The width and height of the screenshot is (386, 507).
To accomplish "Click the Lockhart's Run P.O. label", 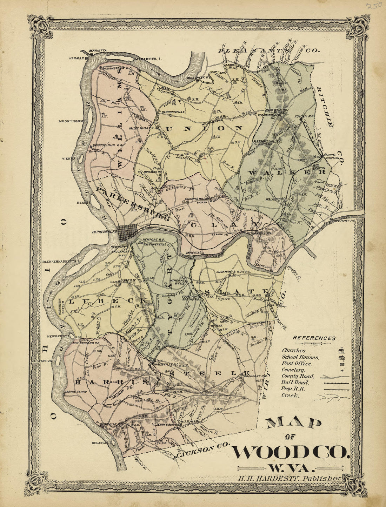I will click(x=233, y=272).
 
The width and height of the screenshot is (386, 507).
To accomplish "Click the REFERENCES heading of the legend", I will click(x=314, y=338).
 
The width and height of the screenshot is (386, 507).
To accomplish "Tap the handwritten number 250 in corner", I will click(x=373, y=6).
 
